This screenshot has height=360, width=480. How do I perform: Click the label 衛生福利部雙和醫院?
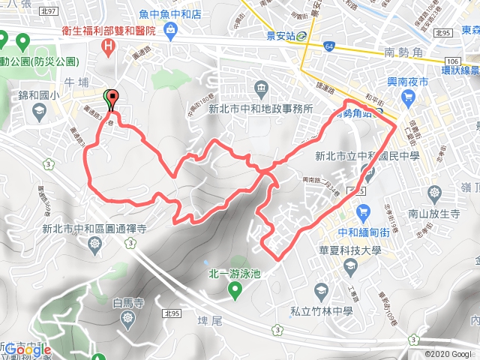pos(110,32)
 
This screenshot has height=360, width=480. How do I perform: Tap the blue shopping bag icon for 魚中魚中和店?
pos(172,29)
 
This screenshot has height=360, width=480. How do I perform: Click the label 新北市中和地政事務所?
pos(260,107)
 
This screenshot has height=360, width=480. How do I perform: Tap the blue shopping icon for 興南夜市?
pos(407,96)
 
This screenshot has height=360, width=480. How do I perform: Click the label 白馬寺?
pos(127,303)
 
